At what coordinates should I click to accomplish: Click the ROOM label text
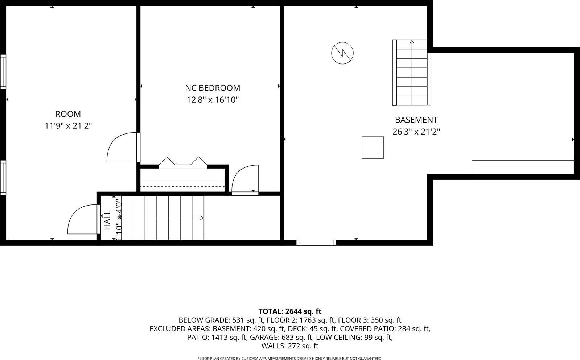pos(68,114)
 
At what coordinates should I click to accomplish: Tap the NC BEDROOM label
pos(213,88)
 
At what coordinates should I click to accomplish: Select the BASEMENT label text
pos(416,120)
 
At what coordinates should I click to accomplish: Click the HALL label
pos(107,220)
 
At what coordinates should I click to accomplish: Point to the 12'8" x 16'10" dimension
pos(213,100)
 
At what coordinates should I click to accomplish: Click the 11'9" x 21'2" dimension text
pos(68,126)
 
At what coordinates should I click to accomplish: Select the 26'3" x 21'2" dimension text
pos(416,132)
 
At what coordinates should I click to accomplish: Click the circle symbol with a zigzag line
pos(342,53)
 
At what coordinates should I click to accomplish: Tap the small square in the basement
pos(373,148)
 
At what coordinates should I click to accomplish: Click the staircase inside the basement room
pos(412,73)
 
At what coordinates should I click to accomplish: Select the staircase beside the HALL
pos(168,218)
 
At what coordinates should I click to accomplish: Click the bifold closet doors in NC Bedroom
pos(182,162)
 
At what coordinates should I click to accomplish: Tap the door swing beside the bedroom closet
pos(246,179)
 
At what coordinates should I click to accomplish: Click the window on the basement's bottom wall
pos(316,243)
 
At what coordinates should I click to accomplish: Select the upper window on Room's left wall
pos(3,72)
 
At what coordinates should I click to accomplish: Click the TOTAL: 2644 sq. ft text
pos(290,311)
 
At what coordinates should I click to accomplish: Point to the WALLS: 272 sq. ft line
pos(290,346)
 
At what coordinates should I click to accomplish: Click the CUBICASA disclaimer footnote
pos(290,359)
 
